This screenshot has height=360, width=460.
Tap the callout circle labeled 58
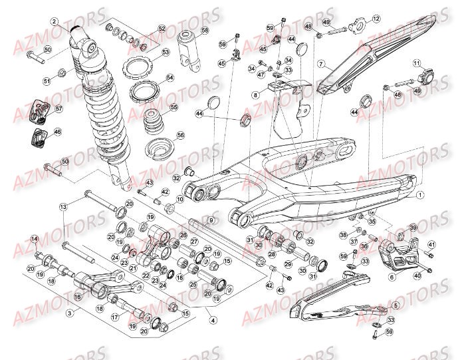(204, 31)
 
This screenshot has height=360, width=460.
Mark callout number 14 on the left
(35, 239)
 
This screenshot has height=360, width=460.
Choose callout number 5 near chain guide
(396, 305)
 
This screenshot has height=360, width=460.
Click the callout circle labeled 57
(58, 108)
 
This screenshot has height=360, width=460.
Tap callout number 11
(417, 64)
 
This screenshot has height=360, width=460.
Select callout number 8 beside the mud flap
(255, 95)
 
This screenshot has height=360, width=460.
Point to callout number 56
(180, 134)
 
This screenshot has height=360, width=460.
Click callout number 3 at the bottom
(68, 311)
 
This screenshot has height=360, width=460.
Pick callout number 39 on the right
(412, 228)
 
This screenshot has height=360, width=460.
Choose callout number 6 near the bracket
(392, 277)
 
